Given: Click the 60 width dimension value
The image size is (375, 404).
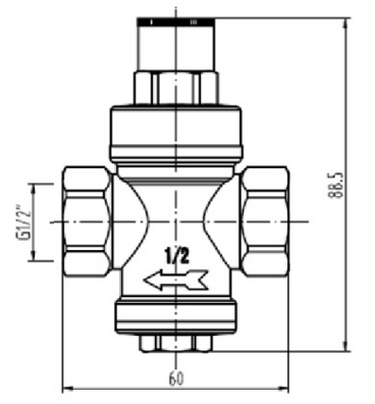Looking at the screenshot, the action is (x=176, y=379).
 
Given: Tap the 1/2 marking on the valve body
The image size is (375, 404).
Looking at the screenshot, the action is (x=177, y=256).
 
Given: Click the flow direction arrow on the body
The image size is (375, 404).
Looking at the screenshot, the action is (x=176, y=279).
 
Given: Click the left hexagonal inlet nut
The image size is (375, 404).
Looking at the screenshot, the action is (x=87, y=222).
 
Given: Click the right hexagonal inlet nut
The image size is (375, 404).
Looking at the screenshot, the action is (x=265, y=222).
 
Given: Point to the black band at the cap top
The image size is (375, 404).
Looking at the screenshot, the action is (x=176, y=22).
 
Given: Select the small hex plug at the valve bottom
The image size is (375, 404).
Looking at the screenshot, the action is (x=176, y=344).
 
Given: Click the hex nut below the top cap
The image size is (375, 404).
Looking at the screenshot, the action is (x=176, y=88).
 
